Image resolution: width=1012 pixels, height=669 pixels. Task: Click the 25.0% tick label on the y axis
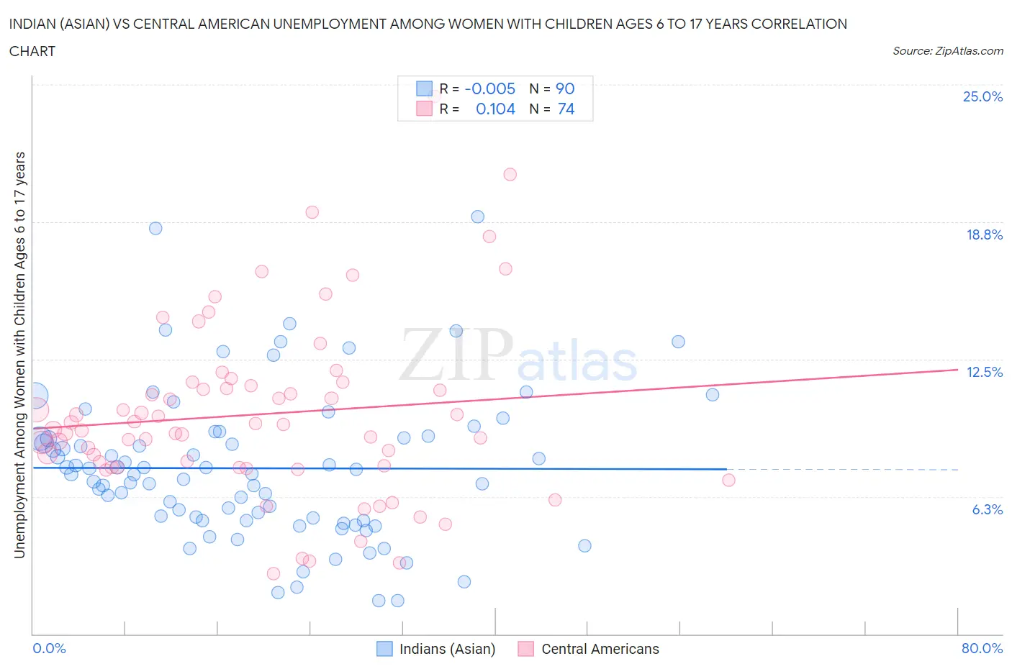[x=982, y=97]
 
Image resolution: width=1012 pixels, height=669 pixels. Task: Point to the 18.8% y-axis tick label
[x=984, y=235]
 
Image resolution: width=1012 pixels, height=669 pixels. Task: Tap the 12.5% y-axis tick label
[x=984, y=372]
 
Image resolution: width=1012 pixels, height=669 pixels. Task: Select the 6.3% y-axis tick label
[x=987, y=509]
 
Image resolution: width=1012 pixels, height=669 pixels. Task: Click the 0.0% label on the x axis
[x=49, y=648]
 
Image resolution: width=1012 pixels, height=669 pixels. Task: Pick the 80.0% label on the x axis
[x=982, y=648]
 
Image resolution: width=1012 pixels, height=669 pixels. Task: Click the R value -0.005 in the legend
[x=489, y=88]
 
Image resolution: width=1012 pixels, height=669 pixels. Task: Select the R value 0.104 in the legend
[x=495, y=109]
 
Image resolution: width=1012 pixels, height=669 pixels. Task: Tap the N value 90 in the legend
[x=565, y=88]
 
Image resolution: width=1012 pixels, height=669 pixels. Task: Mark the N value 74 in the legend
[x=566, y=109]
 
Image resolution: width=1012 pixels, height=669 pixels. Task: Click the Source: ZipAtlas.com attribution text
[x=947, y=50]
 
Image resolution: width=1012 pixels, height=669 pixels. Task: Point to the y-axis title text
[x=20, y=355]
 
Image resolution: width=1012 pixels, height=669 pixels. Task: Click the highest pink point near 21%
[x=510, y=174]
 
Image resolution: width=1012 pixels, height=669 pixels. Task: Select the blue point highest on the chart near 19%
[x=477, y=217]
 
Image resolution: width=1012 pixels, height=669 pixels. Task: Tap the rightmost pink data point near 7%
[x=728, y=480]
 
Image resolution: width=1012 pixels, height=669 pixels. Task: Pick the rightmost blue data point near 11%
[x=713, y=394]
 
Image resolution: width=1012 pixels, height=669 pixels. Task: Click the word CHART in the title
[x=32, y=51]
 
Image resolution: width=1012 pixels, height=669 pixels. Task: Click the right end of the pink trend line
[x=957, y=369]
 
